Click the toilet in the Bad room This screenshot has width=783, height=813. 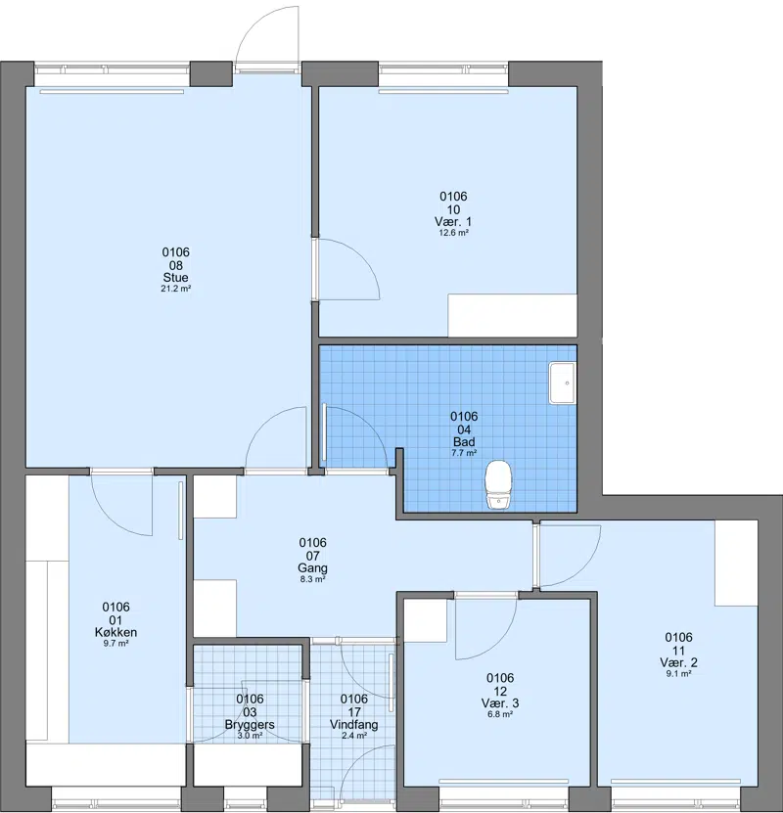[498, 484]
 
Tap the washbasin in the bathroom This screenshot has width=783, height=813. [563, 384]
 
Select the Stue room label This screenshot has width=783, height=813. [176, 278]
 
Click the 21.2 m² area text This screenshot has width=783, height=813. [176, 289]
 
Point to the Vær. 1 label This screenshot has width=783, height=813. [453, 222]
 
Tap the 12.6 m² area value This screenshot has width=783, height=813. [454, 233]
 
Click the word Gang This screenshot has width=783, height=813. [312, 568]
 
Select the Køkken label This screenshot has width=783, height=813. [116, 632]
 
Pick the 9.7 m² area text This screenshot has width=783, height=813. [116, 644]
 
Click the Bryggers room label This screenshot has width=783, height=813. [250, 724]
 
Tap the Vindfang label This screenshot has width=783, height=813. [354, 724]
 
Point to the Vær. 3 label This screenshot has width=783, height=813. [500, 703]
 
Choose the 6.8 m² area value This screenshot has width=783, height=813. [500, 714]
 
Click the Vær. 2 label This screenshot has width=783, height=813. [679, 662]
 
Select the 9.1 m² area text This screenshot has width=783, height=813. [679, 673]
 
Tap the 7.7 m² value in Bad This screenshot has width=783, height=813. [464, 453]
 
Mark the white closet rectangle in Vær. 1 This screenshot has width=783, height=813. [512, 315]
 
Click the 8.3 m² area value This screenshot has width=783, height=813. [312, 580]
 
